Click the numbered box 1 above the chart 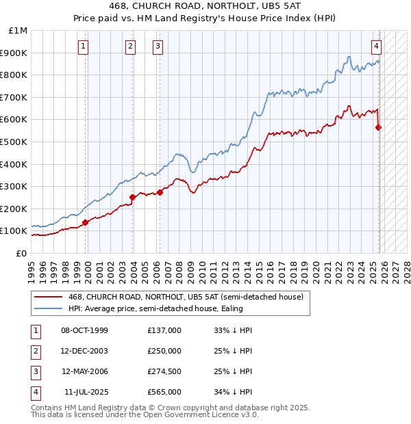(x=83, y=47)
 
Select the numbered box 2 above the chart (x=130, y=47)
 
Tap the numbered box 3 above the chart (x=158, y=47)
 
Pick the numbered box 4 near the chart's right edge (x=377, y=47)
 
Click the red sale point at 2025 (x=379, y=127)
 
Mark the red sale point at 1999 (x=86, y=222)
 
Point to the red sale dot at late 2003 (x=132, y=197)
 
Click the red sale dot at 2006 (x=160, y=192)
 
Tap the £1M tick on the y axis (x=18, y=31)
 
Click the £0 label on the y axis (x=21, y=253)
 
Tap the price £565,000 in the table (x=164, y=392)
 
